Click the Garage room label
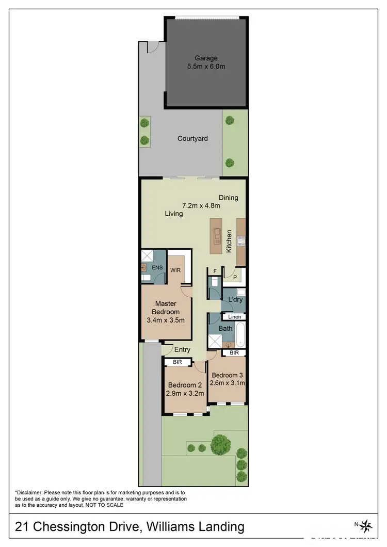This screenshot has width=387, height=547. tap(206, 58)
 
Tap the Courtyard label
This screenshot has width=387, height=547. tap(192, 138)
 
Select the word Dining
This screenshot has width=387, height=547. tap(228, 198)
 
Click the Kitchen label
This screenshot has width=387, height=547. tap(229, 242)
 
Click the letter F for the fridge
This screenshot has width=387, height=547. tap(215, 270)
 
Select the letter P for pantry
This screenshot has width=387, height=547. tap(235, 277)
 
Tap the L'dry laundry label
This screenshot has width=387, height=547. tap(235, 299)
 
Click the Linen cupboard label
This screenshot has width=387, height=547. tap(234, 317)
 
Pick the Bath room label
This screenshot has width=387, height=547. tap(225, 328)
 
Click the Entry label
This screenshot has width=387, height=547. tap(182, 349)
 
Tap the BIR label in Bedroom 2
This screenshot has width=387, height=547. tap(177, 362)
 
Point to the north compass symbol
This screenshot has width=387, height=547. tap(367, 526)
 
